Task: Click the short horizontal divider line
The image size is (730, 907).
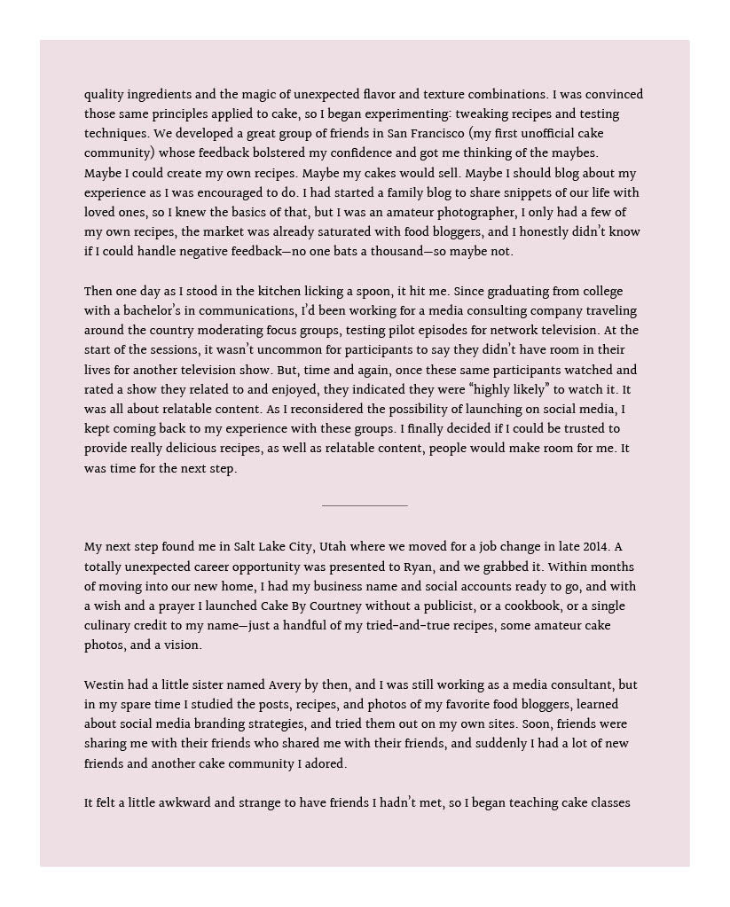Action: pos(365,505)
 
